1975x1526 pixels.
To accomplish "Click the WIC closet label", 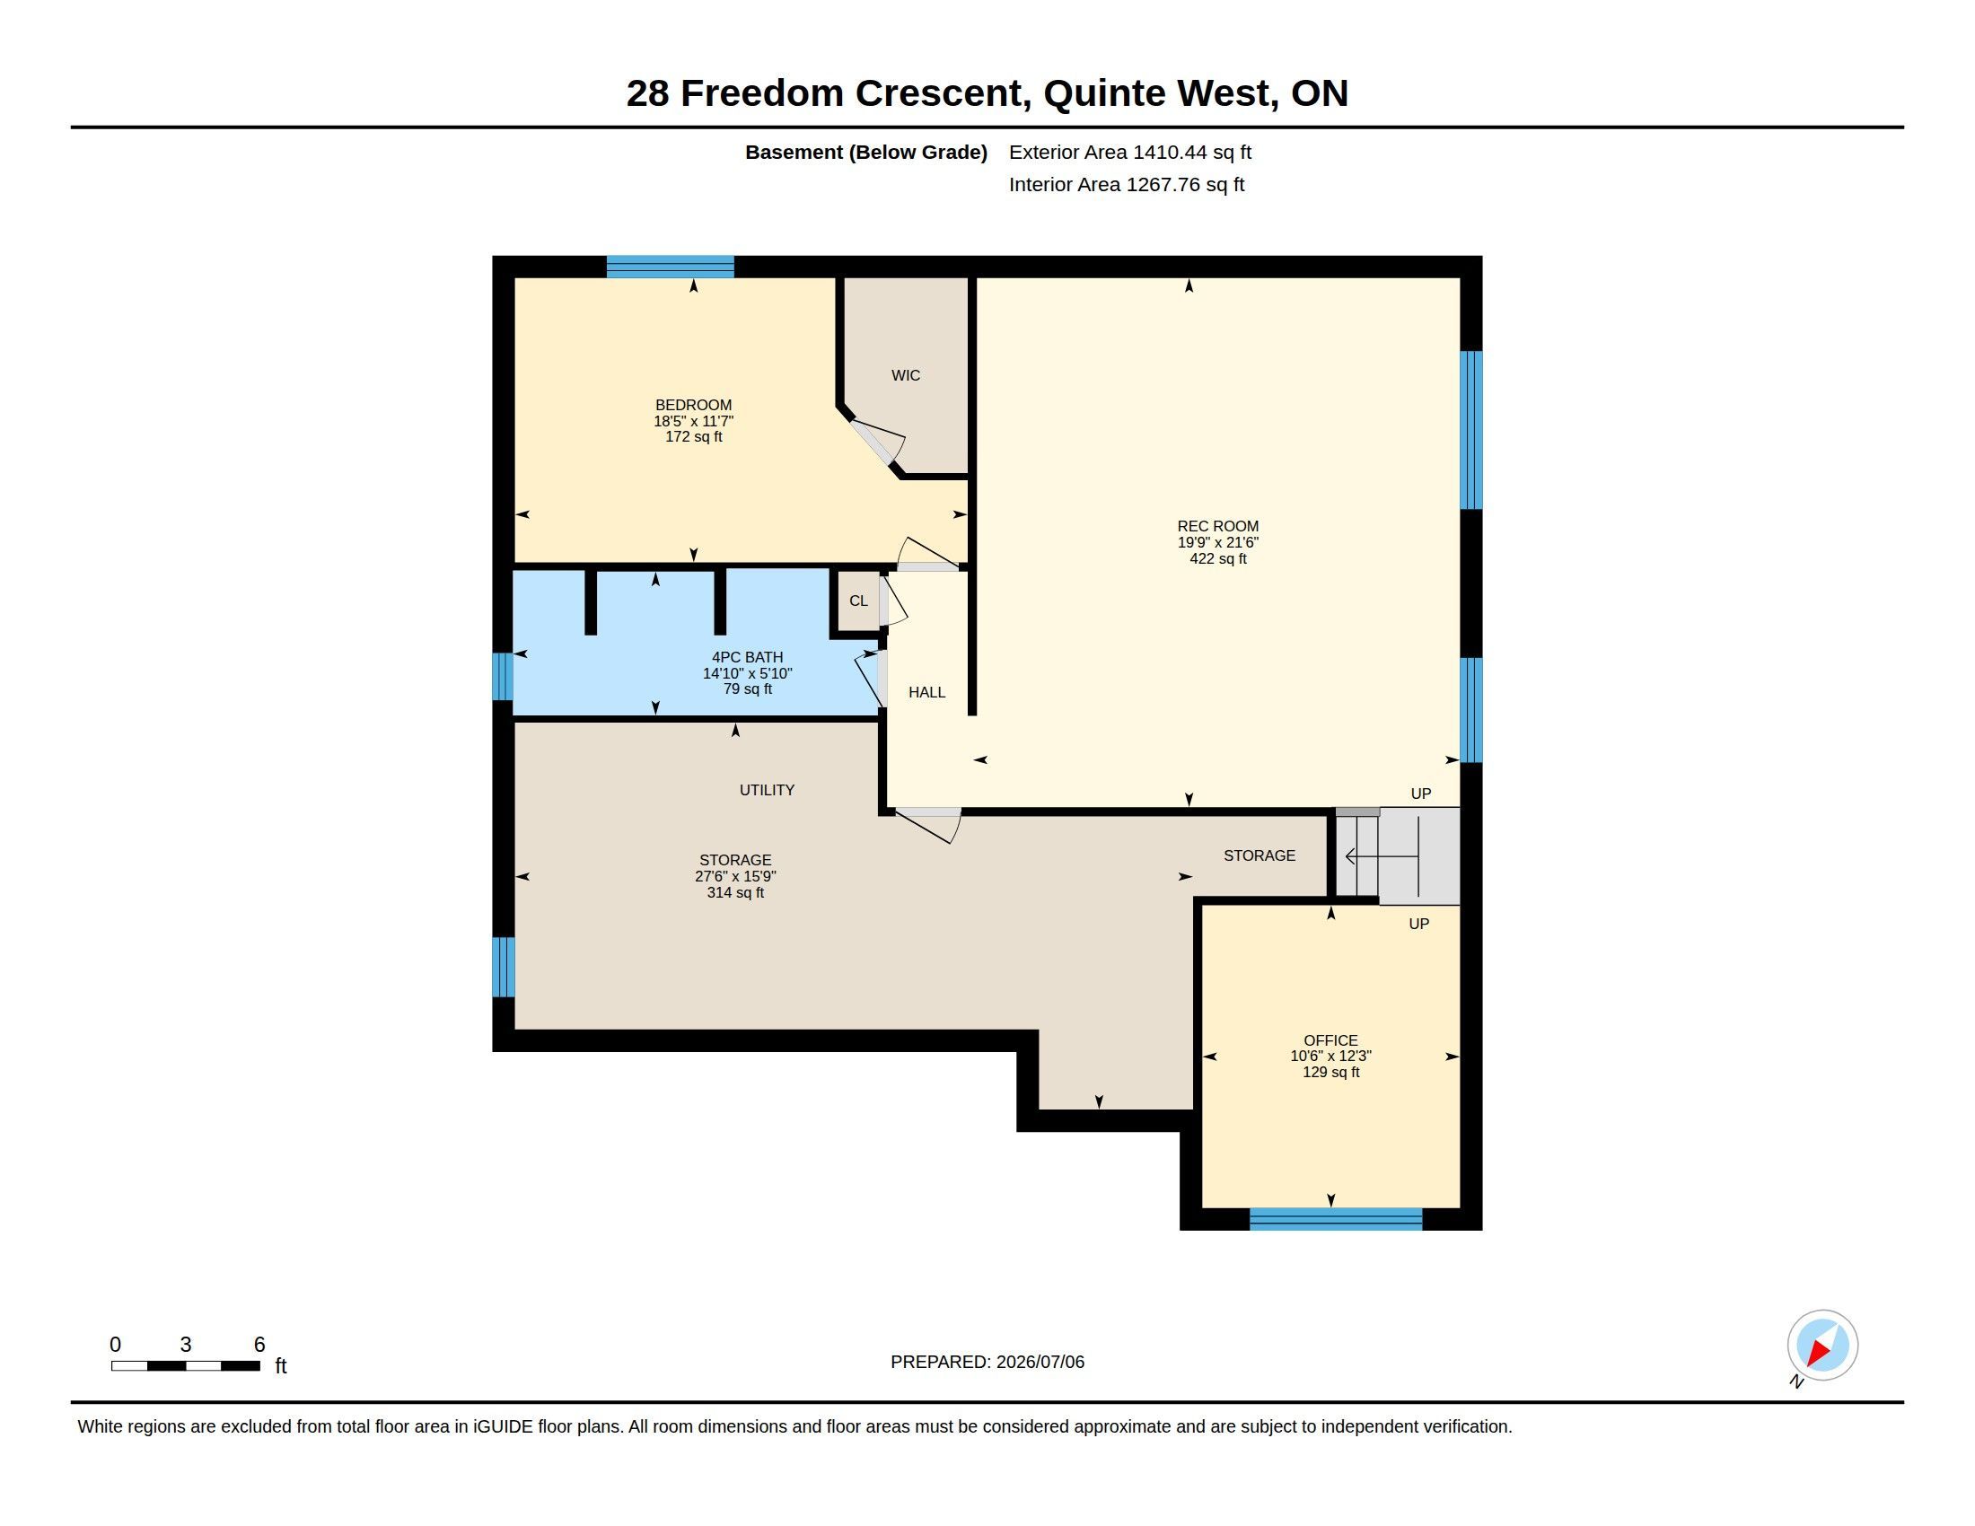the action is (x=905, y=375).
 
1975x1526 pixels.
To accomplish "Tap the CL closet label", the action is (x=858, y=601).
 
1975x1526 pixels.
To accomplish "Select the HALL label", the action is (x=927, y=692).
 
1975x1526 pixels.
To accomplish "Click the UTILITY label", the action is (x=767, y=790).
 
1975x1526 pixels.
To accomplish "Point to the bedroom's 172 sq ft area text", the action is (x=694, y=437).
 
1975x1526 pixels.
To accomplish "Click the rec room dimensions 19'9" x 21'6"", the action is (x=1218, y=542).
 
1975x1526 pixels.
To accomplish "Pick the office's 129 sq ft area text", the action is (x=1331, y=1072).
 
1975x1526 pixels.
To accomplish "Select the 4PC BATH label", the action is (x=747, y=657).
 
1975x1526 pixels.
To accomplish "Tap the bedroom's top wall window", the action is (x=670, y=267).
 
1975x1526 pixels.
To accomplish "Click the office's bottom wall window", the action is (x=1336, y=1219).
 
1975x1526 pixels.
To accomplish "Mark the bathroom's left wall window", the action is (x=503, y=676).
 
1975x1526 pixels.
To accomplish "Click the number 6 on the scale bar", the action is (x=259, y=1345).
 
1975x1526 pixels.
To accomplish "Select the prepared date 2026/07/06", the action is (x=1040, y=1363).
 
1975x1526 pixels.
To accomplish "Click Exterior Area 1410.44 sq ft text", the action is (x=1130, y=152).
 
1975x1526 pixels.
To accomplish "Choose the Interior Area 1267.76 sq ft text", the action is (x=1127, y=184).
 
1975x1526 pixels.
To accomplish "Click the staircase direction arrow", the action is (x=1382, y=856).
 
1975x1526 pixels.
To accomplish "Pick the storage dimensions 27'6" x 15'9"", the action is (x=735, y=876).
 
